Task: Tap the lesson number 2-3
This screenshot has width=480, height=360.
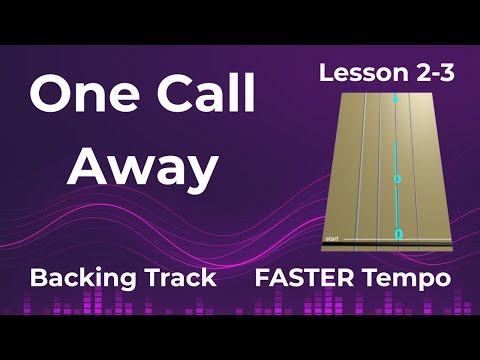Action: point(431,72)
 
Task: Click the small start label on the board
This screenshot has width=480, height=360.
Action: point(333,239)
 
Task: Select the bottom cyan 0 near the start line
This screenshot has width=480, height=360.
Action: point(398,233)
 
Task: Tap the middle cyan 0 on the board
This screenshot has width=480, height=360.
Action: point(397,179)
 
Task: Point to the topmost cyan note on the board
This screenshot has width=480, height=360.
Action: point(396,101)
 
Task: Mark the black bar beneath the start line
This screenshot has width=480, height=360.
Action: point(386,248)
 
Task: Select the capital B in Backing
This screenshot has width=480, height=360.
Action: point(41,277)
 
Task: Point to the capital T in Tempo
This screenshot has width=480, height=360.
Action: point(376,276)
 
